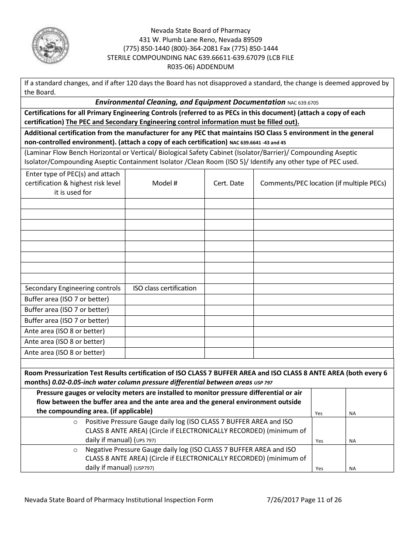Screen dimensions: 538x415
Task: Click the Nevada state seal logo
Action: tap(50, 45)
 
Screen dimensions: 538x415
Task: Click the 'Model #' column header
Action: tap(165, 183)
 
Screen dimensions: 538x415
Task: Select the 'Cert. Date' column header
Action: tap(228, 183)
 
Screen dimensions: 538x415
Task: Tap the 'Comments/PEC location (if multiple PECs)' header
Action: tap(323, 183)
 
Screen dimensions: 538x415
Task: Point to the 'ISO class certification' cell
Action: tap(165, 288)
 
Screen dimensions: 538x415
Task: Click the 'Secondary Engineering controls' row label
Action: tap(73, 288)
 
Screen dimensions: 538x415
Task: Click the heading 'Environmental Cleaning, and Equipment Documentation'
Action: tap(190, 102)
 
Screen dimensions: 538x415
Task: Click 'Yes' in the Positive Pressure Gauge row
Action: tap(319, 441)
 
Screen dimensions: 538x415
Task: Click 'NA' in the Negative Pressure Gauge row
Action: tap(352, 468)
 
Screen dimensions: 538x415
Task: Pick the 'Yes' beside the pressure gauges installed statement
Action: tap(318, 413)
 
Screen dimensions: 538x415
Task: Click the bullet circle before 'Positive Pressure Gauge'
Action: tap(75, 422)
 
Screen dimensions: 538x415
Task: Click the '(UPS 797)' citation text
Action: tap(145, 440)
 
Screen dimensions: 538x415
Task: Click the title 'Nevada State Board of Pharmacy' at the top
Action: tap(201, 31)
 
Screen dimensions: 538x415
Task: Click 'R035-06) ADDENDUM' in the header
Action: tap(201, 67)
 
